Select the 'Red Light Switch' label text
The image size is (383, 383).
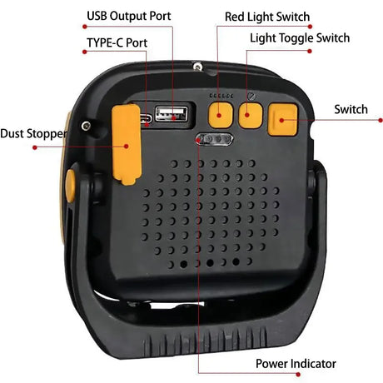click(267, 17)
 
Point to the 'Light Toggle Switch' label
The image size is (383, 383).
click(300, 38)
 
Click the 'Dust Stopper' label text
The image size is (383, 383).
click(34, 133)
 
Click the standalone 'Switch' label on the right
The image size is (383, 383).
click(351, 110)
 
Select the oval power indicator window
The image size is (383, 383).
click(211, 141)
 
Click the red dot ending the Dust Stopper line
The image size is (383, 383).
click(35, 147)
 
